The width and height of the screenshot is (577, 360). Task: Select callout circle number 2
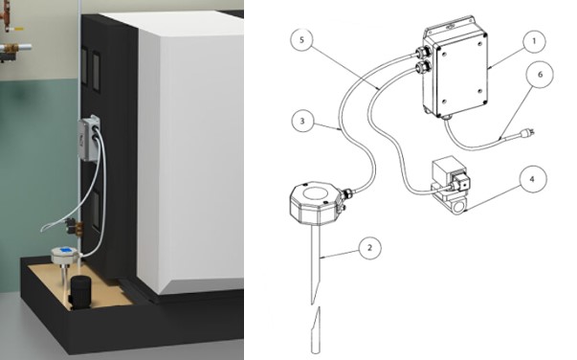[366, 247]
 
